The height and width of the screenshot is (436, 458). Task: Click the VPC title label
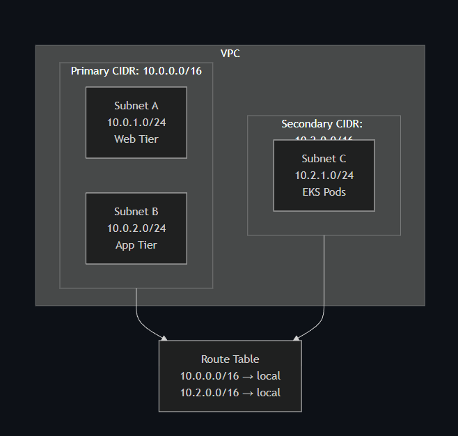(230, 54)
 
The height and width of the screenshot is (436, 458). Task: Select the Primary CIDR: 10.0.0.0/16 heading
(136, 71)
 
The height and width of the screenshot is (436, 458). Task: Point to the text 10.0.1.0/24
(136, 123)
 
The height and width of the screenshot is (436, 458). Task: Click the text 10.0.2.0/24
(136, 228)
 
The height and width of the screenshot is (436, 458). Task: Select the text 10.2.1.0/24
(324, 176)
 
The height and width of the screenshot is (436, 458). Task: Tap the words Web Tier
(136, 139)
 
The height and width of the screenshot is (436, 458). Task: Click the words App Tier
(136, 245)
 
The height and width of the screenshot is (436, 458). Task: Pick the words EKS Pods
(324, 192)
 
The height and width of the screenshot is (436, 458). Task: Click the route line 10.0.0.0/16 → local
(230, 376)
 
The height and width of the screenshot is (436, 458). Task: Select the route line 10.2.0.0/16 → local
(230, 393)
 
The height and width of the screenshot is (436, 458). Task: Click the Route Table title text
(230, 359)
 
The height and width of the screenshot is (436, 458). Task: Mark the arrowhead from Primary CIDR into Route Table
(164, 338)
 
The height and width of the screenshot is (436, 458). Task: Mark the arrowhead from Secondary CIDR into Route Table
(297, 338)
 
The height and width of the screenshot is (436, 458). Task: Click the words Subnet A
(136, 106)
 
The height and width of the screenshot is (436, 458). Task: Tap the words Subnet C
(324, 159)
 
